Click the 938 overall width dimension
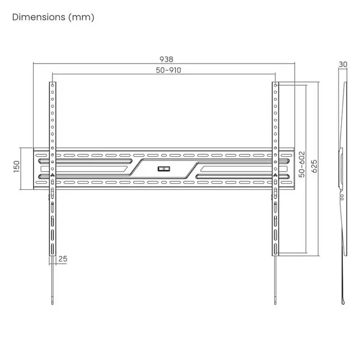click(166, 59)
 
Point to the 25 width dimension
click(63, 259)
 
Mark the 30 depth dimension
click(343, 64)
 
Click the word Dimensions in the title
click(39, 18)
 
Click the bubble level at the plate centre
click(163, 169)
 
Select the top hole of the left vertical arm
click(52, 85)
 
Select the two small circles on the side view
click(342, 197)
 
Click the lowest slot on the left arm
click(52, 249)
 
